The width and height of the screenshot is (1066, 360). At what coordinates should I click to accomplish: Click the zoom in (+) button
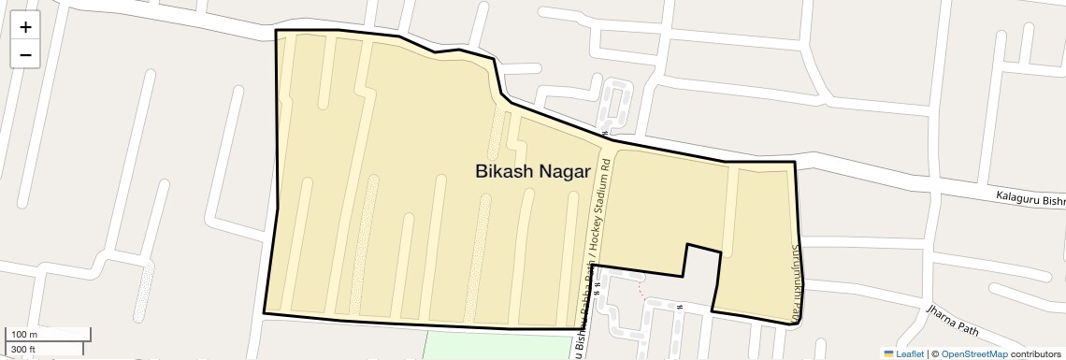[25, 27]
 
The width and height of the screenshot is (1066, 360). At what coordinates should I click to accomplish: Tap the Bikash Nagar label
[532, 171]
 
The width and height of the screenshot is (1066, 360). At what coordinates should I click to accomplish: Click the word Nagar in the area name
[565, 171]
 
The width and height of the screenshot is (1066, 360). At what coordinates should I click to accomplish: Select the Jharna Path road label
[950, 319]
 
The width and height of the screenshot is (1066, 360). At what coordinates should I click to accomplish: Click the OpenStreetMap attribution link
[973, 353]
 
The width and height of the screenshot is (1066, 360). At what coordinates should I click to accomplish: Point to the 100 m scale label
[24, 335]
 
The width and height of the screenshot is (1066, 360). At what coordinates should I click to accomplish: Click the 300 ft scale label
[23, 350]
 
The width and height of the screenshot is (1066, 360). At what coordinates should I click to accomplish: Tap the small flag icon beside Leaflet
[889, 353]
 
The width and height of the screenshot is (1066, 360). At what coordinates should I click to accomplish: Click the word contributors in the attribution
[1036, 353]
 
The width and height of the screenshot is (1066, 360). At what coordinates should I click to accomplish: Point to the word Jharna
[938, 313]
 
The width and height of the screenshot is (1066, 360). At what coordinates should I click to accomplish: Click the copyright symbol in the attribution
[935, 353]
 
